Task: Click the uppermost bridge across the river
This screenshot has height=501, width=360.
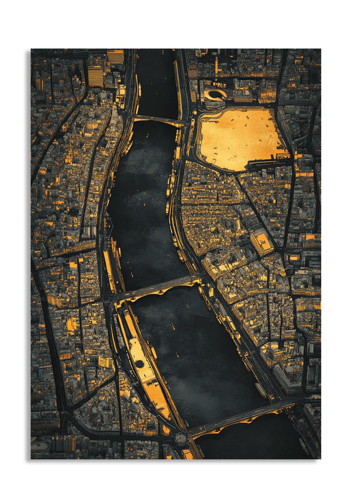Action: (157, 120)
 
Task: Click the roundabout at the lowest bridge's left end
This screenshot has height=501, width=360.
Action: (181, 437)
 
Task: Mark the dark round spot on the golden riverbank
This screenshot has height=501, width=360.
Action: (139, 364)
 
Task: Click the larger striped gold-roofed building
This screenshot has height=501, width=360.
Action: (95, 76)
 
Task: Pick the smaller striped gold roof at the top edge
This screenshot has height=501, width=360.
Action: (116, 56)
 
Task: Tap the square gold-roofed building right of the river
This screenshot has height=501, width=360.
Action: (262, 241)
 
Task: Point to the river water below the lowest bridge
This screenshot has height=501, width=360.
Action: (252, 444)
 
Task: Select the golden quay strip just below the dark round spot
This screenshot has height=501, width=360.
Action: (157, 399)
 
